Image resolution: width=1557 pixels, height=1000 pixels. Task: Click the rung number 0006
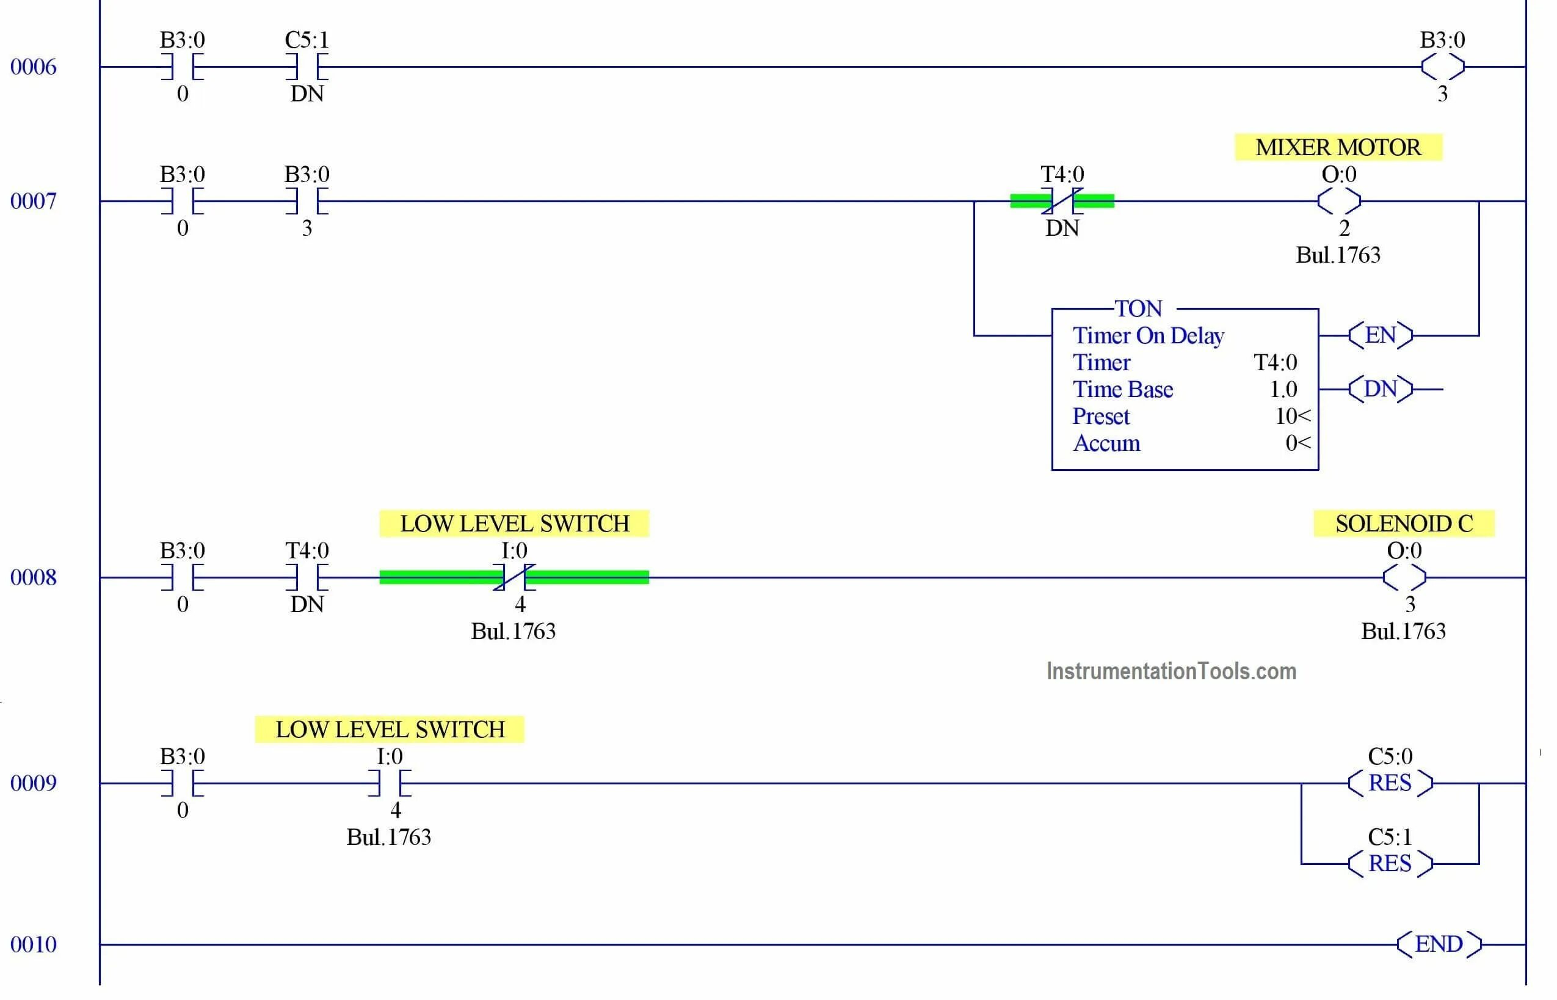(33, 67)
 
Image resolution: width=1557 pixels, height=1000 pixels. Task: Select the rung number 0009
(33, 783)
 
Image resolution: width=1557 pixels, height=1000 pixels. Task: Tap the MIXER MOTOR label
(1338, 147)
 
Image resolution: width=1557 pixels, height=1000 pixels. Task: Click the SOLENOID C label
(1403, 524)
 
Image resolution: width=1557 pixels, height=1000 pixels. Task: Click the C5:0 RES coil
(1390, 783)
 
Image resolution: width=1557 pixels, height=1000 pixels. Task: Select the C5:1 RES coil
(1390, 864)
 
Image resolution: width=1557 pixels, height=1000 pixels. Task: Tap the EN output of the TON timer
(1380, 335)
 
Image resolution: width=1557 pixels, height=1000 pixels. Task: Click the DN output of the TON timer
(1380, 389)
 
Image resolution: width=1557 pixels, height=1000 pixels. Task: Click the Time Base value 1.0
(1282, 390)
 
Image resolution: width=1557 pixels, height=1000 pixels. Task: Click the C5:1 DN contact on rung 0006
(307, 67)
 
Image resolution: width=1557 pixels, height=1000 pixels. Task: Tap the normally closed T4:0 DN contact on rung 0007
(1062, 202)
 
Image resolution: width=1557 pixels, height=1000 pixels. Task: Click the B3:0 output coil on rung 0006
(1442, 67)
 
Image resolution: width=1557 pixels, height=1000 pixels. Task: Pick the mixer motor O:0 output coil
(1338, 202)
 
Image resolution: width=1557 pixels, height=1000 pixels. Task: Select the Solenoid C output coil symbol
(1404, 577)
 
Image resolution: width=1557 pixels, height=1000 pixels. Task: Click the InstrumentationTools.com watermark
(1171, 671)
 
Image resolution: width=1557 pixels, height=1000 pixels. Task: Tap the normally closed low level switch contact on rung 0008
(514, 577)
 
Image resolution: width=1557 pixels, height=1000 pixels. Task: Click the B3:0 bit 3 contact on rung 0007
(307, 202)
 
